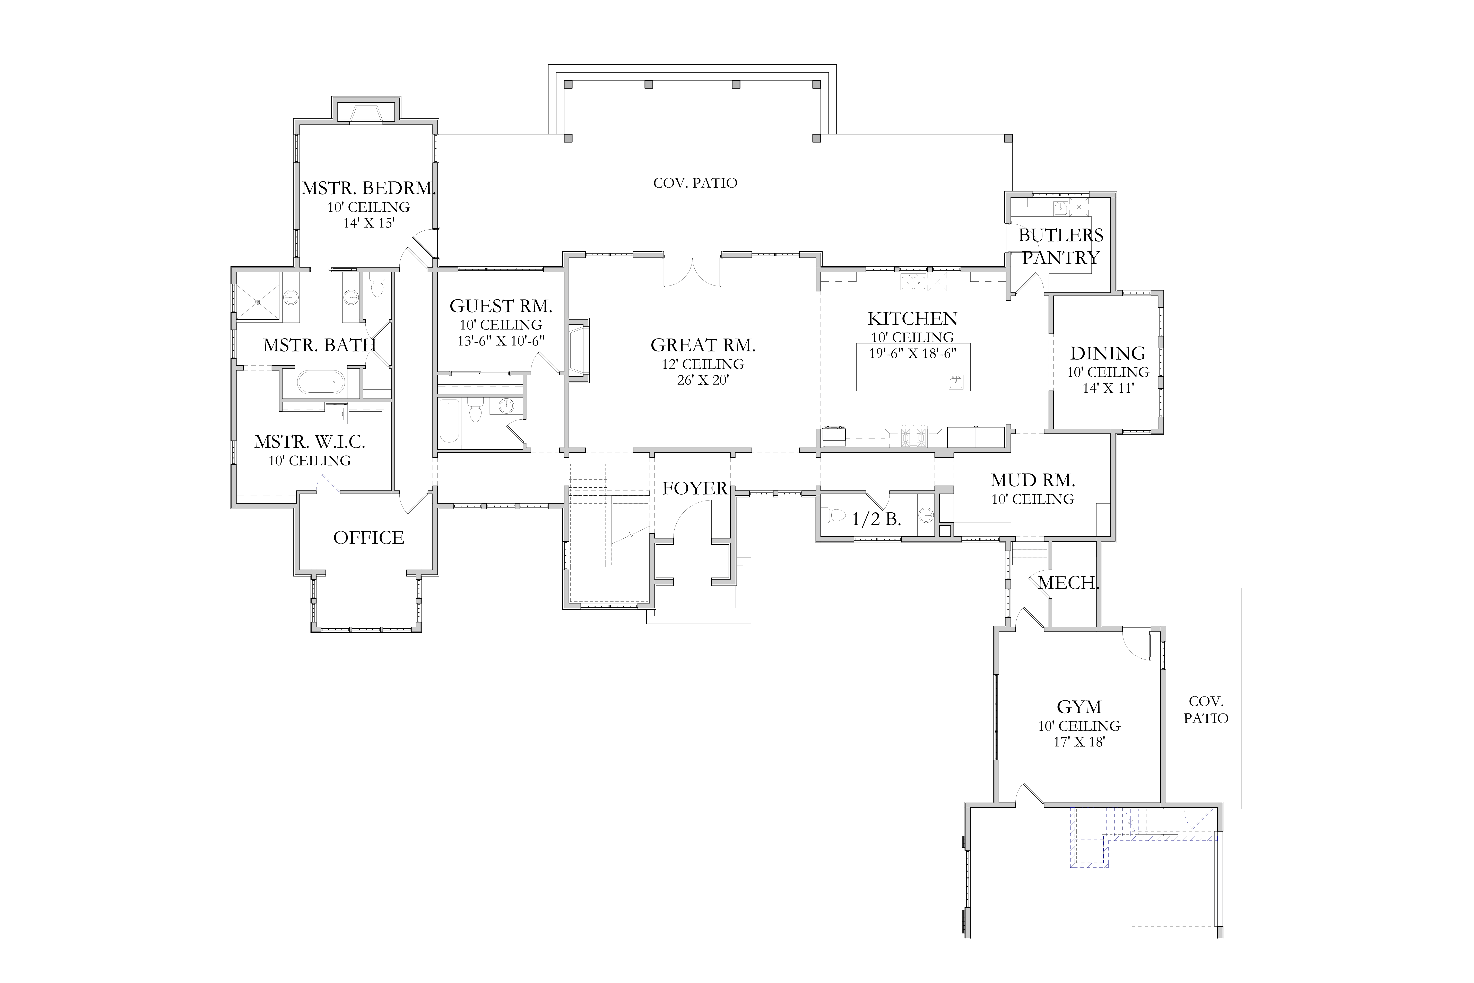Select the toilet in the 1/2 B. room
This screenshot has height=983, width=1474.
(833, 515)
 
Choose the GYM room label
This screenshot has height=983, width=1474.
(1079, 707)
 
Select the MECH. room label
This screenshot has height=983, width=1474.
(1068, 583)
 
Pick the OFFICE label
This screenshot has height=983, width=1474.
(368, 538)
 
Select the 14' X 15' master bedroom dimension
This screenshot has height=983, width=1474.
(368, 223)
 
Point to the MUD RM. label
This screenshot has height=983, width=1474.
(1033, 481)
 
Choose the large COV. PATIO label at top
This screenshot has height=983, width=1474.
(695, 183)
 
